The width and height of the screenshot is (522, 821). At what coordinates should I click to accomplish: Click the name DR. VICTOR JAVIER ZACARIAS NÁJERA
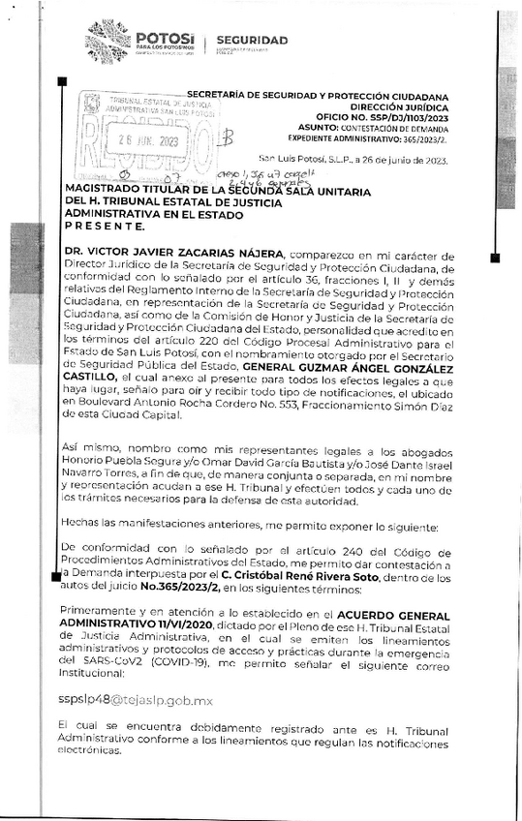click(173, 251)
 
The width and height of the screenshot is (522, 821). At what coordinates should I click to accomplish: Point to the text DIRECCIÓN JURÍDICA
click(404, 106)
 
